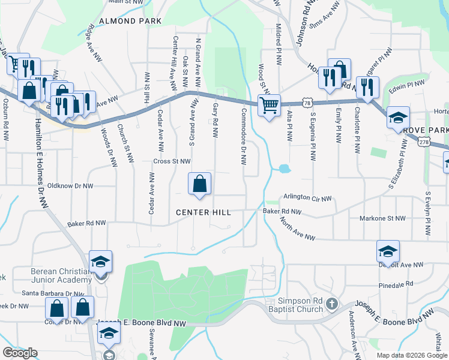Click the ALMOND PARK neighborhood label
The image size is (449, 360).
pos(131,21)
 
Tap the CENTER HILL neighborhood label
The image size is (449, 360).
pos(203,212)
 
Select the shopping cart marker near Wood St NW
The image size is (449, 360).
pos(270,106)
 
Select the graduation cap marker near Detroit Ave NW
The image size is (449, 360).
pos(388,251)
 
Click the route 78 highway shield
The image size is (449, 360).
pos(307,103)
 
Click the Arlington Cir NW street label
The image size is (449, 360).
pos(308,197)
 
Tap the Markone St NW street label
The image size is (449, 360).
pos(382,219)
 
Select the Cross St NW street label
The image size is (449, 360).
pos(172,161)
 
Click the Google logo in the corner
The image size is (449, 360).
pos(20,353)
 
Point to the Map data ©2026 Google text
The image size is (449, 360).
pos(411,355)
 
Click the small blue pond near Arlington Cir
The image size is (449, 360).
pos(283,169)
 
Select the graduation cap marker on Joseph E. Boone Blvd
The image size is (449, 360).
pos(108,334)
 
